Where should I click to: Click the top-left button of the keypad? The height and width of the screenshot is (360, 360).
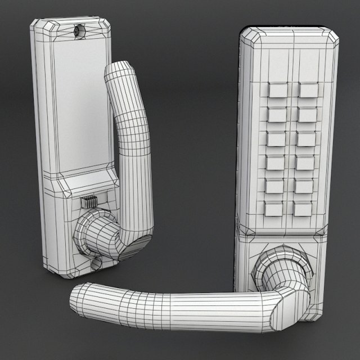pyautogui.click(x=276, y=90)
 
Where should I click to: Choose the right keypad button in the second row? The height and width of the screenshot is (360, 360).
pyautogui.click(x=308, y=114)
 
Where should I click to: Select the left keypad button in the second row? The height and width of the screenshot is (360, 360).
pyautogui.click(x=276, y=114)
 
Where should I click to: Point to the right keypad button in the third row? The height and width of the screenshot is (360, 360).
pyautogui.click(x=307, y=138)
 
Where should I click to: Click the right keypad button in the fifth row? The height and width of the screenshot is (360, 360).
pyautogui.click(x=304, y=186)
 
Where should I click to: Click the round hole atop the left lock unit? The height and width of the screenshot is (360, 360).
pyautogui.click(x=78, y=30)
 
